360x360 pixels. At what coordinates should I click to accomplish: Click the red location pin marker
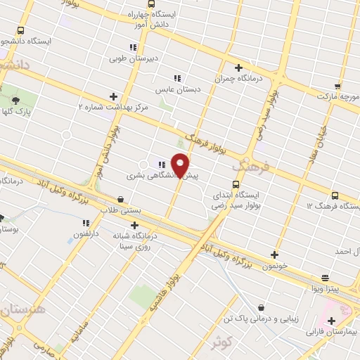click(181, 165)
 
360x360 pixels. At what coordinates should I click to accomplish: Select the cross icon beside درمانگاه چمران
click(238, 67)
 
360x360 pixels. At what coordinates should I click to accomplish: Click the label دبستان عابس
click(178, 89)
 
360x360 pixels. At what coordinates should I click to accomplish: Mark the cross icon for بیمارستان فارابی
click(331, 321)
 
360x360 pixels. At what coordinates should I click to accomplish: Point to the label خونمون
click(274, 266)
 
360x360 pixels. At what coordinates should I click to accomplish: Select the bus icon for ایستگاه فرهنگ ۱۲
click(333, 195)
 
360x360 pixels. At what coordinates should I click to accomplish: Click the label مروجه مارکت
click(337, 94)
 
